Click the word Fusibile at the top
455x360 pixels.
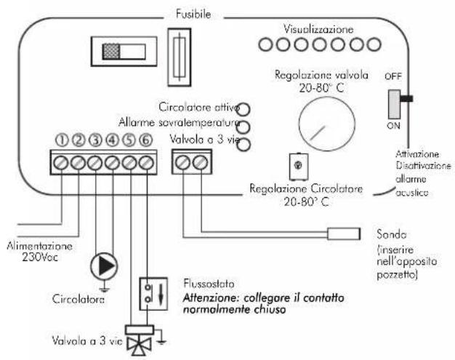193,15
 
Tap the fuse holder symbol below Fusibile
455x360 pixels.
180,57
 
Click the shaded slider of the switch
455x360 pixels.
111,52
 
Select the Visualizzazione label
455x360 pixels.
318,29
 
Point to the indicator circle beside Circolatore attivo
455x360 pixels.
243,109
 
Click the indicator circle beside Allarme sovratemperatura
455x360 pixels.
243,127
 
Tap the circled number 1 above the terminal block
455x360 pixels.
62,140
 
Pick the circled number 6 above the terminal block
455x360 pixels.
146,140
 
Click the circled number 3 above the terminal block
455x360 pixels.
95,140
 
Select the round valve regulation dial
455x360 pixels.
327,124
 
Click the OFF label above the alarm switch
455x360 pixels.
393,76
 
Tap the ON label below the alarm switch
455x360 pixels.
393,126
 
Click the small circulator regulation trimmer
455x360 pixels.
299,167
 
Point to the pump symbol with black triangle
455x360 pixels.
104,266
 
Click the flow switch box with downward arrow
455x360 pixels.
153,294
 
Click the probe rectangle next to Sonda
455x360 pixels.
344,233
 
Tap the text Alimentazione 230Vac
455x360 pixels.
40,252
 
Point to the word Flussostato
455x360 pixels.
209,284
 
